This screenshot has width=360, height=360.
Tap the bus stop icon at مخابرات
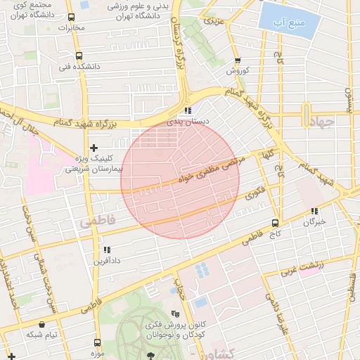tap(71, 18)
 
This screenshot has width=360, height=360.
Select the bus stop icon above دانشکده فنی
tap(78, 56)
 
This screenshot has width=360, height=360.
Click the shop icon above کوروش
tap(238, 60)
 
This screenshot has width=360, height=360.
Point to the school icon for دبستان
tap(187, 111)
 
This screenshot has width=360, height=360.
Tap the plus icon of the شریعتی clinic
tap(94, 148)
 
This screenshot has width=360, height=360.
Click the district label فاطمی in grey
tap(96, 221)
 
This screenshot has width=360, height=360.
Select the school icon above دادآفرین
tap(107, 250)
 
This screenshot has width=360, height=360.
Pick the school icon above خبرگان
tap(314, 211)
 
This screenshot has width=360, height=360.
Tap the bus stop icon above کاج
tap(274, 222)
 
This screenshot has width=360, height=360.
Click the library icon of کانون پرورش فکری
tap(175, 314)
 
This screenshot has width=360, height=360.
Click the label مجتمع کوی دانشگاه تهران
tap(28, 8)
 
